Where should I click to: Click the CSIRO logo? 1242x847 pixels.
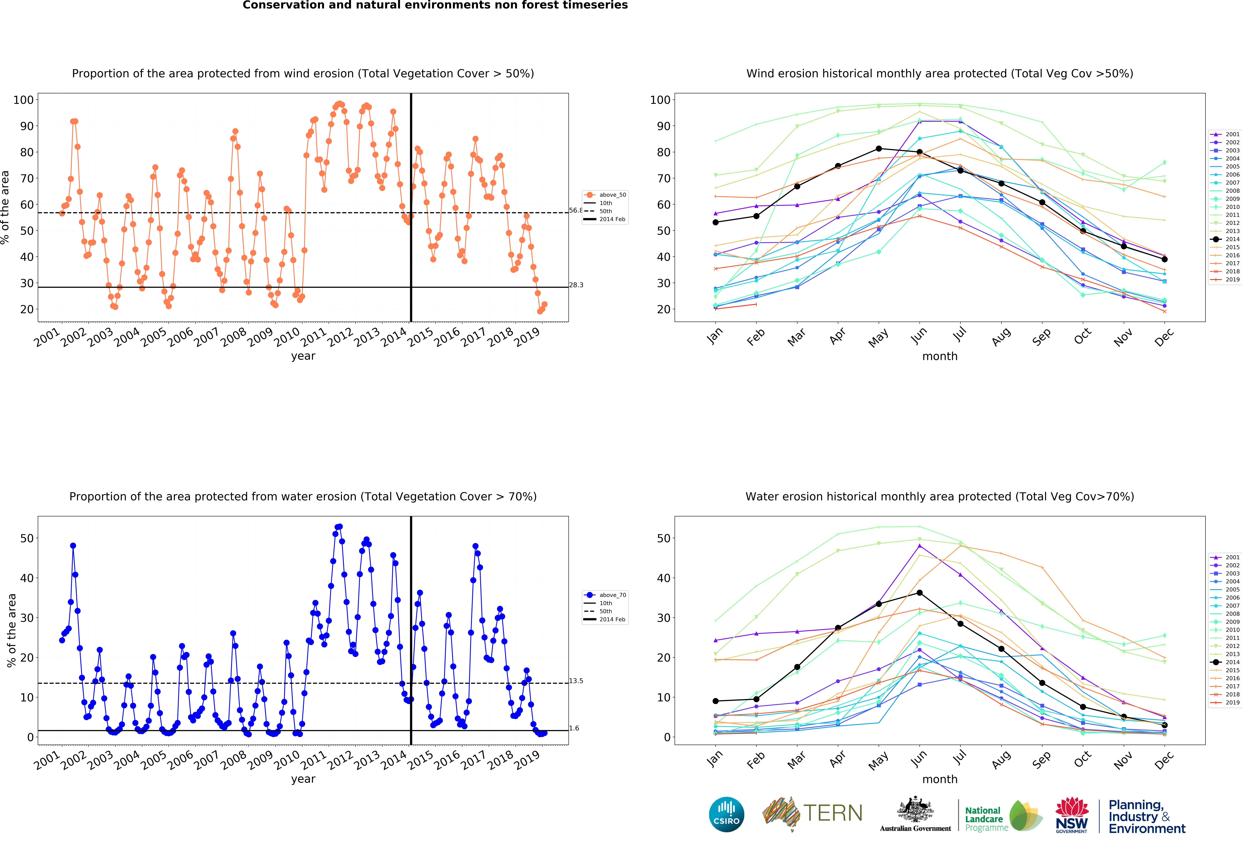click(726, 814)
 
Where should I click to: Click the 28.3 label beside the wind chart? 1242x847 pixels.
click(576, 285)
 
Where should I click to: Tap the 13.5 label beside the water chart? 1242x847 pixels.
click(576, 681)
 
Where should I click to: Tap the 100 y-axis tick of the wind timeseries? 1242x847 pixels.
click(23, 100)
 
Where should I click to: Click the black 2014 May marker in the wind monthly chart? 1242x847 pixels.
click(879, 149)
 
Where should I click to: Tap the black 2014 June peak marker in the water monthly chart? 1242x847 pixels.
click(919, 593)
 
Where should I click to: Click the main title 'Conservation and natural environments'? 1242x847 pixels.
click(435, 5)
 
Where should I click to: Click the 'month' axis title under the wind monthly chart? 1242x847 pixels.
click(939, 356)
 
